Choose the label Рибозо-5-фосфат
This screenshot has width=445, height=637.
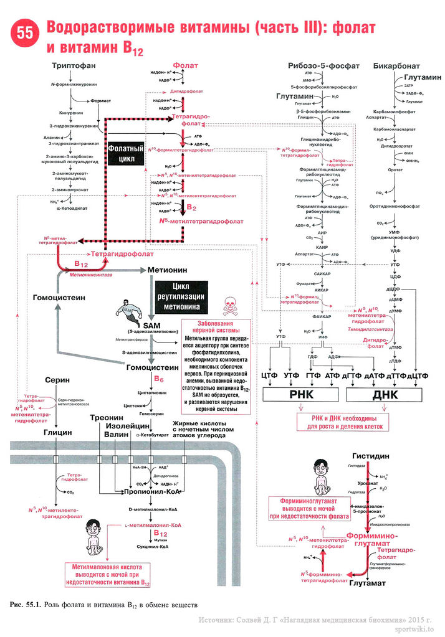[315, 66]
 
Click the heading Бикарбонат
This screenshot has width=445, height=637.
[396, 66]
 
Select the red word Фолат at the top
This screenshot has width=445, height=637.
[186, 65]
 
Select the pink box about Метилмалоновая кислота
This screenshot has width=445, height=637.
[105, 575]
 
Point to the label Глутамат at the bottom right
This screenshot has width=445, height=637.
[368, 583]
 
